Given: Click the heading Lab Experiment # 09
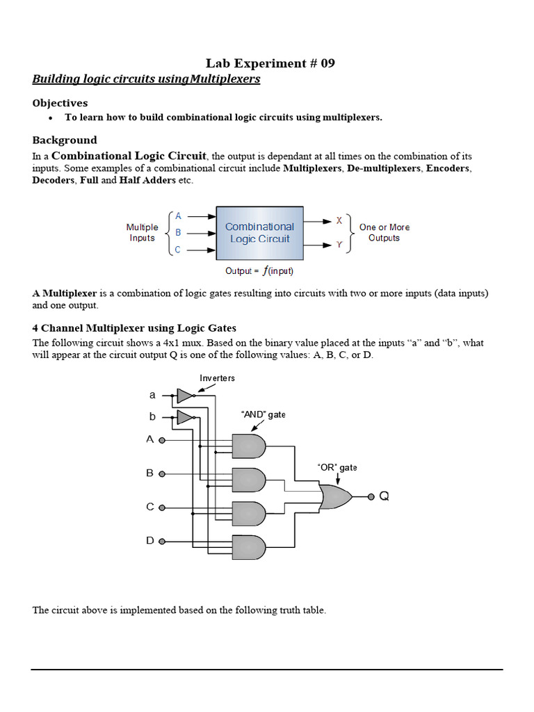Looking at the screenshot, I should click(x=270, y=63).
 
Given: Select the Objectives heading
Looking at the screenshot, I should click(x=60, y=103).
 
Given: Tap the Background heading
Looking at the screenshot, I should click(x=64, y=140).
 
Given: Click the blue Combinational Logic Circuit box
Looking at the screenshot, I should click(x=259, y=232).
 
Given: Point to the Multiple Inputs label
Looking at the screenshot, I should click(x=142, y=232).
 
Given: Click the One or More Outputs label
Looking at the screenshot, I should click(x=384, y=232).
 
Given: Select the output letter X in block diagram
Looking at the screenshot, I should click(x=339, y=220).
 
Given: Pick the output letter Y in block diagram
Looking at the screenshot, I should click(x=339, y=245).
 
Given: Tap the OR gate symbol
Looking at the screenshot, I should click(x=335, y=496).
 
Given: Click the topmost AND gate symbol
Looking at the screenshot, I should click(x=248, y=446).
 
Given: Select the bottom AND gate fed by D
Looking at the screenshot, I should click(x=248, y=547).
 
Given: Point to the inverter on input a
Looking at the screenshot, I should click(x=184, y=396).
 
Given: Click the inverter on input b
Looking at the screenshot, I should click(x=184, y=417).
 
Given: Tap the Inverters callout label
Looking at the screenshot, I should click(x=217, y=378).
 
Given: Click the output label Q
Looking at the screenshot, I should click(x=384, y=496).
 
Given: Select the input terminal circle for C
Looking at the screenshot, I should click(x=162, y=508).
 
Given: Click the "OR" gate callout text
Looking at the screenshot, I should click(x=337, y=467).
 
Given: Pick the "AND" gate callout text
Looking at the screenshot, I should click(x=263, y=414).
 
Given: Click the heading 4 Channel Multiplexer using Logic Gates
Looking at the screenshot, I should click(x=134, y=328).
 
